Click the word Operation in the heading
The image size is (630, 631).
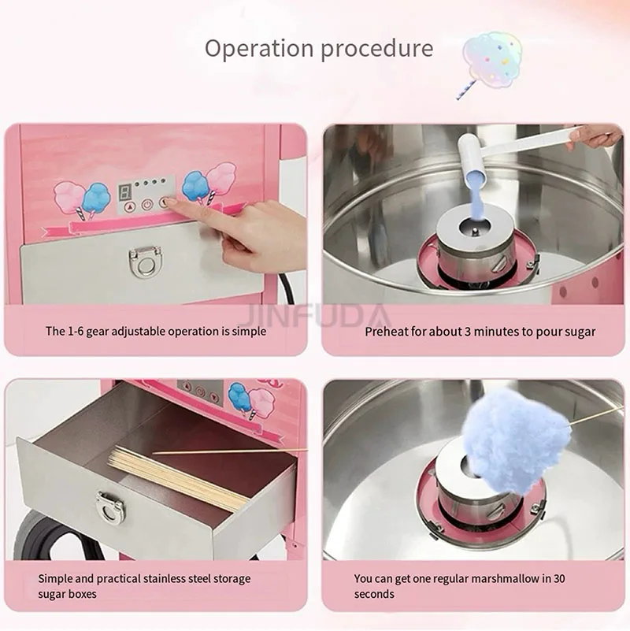click(259, 49)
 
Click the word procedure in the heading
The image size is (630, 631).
click(377, 50)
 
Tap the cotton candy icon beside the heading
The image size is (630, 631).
click(490, 63)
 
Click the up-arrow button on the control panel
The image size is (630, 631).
click(130, 207)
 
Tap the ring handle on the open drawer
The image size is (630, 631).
click(109, 507)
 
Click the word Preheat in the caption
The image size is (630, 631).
click(385, 332)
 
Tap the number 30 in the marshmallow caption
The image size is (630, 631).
click(559, 579)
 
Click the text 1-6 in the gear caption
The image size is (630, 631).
click(76, 331)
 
